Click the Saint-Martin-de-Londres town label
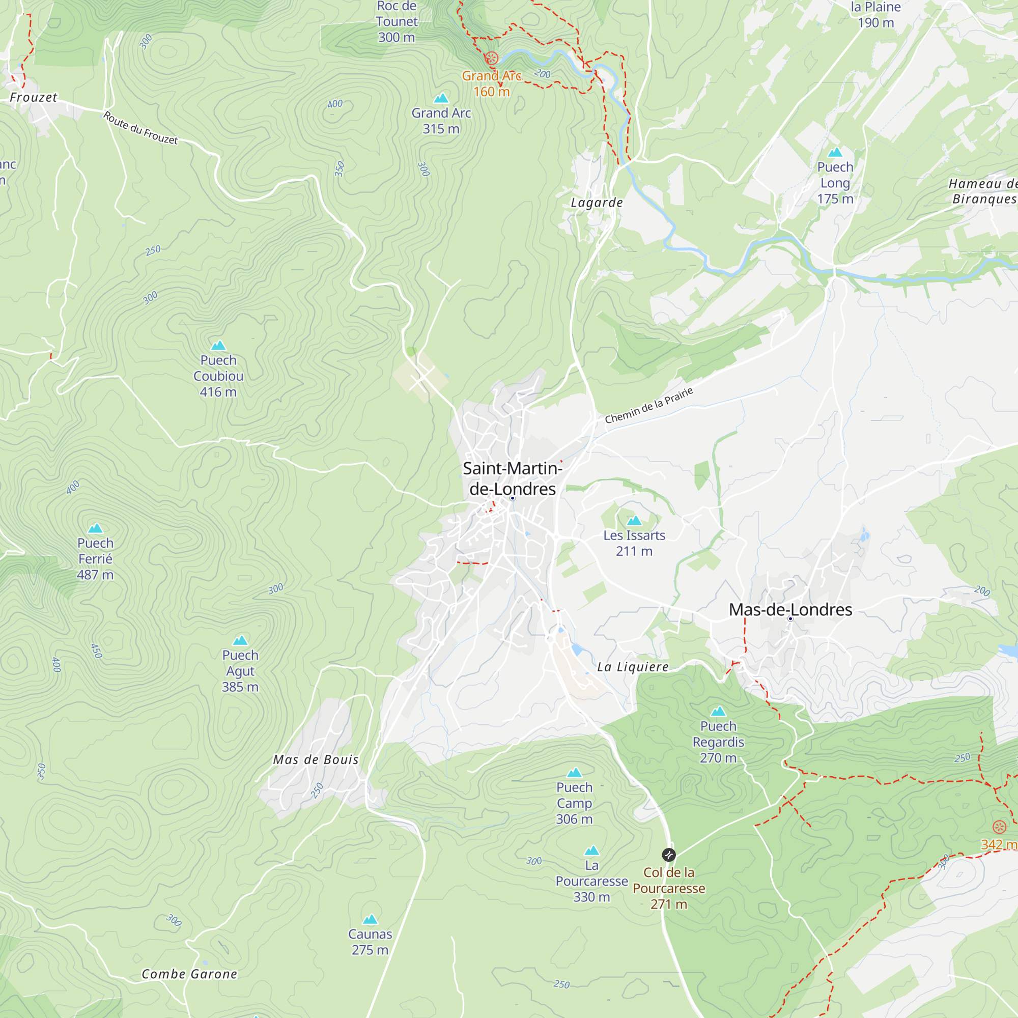[512, 478]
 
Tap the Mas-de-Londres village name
[790, 610]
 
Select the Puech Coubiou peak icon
[218, 346]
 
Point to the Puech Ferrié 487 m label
[95, 558]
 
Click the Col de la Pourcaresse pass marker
[668, 855]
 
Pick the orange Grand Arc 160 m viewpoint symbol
[491, 59]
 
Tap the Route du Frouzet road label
[140, 128]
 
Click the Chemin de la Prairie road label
[648, 405]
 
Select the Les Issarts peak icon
[634, 521]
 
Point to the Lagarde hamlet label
[597, 203]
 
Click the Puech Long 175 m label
[835, 183]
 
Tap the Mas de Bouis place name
[316, 760]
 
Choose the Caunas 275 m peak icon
[370, 919]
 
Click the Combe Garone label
[189, 974]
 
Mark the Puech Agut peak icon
[240, 640]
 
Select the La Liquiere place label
[632, 667]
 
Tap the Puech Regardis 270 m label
[718, 742]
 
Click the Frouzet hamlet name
[33, 98]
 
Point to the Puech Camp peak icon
[574, 773]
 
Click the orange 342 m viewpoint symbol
[999, 827]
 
